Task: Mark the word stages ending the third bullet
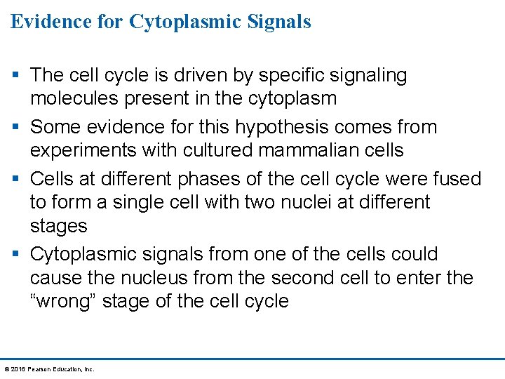[x=58, y=227]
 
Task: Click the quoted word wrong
[x=65, y=302]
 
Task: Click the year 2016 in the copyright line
[x=17, y=369]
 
